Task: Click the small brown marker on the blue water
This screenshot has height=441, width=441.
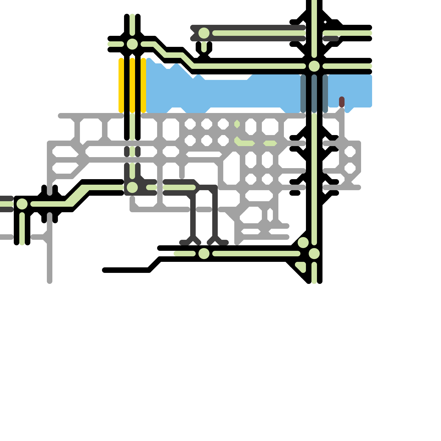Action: tap(342, 102)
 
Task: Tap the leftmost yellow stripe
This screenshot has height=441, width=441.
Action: tap(121, 85)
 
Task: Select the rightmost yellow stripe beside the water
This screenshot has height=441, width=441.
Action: tap(143, 85)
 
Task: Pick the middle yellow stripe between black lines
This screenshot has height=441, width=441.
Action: tap(132, 85)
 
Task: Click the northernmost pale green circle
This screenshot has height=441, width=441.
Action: tap(204, 33)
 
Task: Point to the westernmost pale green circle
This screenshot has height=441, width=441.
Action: tap(22, 204)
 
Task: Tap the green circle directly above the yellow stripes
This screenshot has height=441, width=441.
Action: tap(132, 44)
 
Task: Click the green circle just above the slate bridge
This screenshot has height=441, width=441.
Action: tap(314, 66)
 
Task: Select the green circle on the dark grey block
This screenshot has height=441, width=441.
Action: tap(132, 187)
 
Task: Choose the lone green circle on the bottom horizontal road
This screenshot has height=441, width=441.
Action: tap(204, 254)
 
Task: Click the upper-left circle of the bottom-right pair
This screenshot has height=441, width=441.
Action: tap(303, 243)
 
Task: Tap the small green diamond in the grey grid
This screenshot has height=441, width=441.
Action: tap(237, 124)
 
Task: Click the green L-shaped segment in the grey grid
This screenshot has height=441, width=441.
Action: tap(243, 143)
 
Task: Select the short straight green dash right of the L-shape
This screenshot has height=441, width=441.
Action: tap(270, 143)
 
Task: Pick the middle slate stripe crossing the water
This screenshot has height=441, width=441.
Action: tap(314, 94)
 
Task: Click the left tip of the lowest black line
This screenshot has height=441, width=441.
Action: tap(105, 270)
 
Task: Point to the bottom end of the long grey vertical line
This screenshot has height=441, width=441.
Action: tap(50, 281)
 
